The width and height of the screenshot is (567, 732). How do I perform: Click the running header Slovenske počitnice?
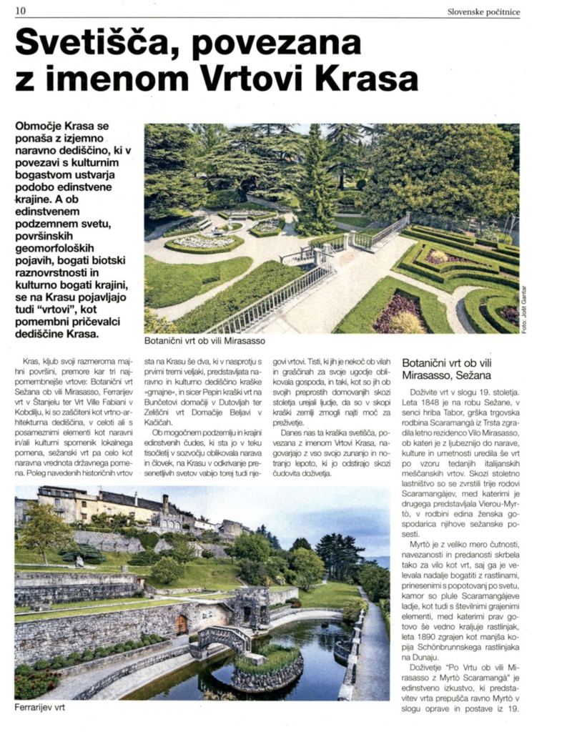click(x=483, y=11)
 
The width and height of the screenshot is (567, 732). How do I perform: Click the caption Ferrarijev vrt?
click(x=41, y=708)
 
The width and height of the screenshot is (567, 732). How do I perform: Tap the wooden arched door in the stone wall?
click(x=181, y=625)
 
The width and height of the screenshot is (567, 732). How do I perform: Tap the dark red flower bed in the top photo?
click(x=398, y=310)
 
